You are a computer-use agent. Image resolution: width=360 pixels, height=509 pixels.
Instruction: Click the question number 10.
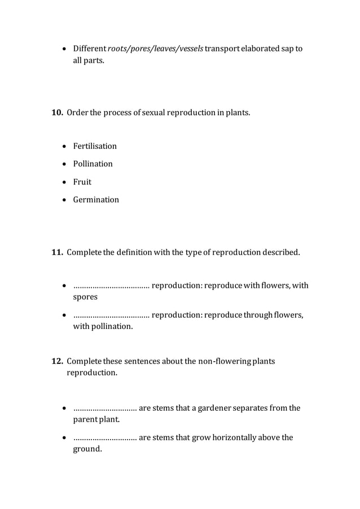tap(58, 113)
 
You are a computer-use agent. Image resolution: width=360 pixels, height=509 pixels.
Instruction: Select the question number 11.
tap(58, 252)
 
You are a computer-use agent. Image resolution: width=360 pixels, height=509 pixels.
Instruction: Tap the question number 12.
tap(58, 361)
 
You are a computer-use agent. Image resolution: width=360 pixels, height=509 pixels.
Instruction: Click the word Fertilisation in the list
tap(95, 146)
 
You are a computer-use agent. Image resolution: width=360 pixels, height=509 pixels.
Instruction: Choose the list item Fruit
tap(82, 182)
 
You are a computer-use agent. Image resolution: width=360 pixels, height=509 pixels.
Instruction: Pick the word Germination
tap(96, 200)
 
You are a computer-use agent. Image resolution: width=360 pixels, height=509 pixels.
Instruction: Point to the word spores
tap(85, 297)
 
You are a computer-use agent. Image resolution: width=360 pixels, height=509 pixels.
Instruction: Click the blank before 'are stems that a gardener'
tap(105, 408)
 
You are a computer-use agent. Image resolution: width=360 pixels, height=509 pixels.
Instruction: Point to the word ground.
tap(87, 449)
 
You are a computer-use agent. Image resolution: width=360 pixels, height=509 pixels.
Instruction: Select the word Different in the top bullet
tap(89, 49)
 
